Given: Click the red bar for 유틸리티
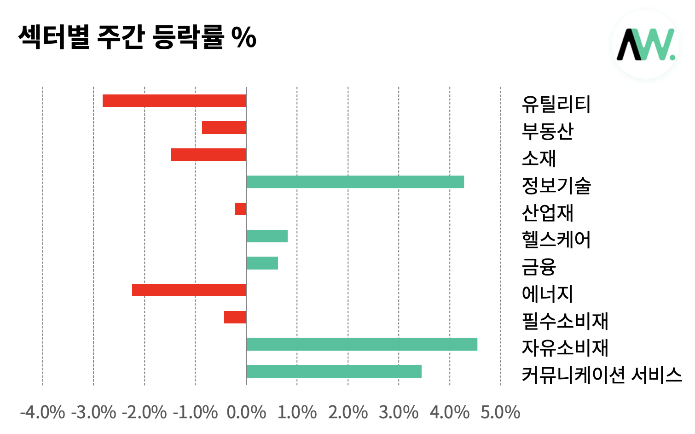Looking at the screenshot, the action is click(x=174, y=100).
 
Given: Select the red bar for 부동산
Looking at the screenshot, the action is click(x=224, y=128).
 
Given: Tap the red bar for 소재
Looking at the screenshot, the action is click(x=208, y=155).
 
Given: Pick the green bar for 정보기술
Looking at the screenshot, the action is click(x=355, y=182).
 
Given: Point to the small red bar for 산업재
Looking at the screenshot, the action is click(x=240, y=209).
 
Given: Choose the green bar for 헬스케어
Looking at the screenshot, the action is click(x=267, y=236).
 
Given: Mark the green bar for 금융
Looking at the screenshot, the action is click(x=262, y=263).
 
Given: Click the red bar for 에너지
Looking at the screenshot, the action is click(x=189, y=290).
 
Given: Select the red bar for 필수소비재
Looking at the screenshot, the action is click(x=235, y=317).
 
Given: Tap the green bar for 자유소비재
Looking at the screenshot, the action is click(x=362, y=344).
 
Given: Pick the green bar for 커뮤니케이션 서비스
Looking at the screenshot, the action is click(x=334, y=371).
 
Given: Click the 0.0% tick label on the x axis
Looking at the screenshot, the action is click(x=246, y=412).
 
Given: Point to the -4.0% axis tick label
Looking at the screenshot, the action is click(x=42, y=412).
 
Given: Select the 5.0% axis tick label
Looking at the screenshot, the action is click(x=500, y=412).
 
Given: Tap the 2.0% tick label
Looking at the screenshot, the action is click(x=348, y=412).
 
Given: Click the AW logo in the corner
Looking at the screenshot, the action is click(x=646, y=44).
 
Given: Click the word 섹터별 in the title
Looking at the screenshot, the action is click(x=54, y=37).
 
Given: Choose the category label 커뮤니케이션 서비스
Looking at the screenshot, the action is click(x=602, y=375).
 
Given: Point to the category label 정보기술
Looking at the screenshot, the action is click(x=556, y=186).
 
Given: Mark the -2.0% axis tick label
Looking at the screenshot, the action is click(x=144, y=412).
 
